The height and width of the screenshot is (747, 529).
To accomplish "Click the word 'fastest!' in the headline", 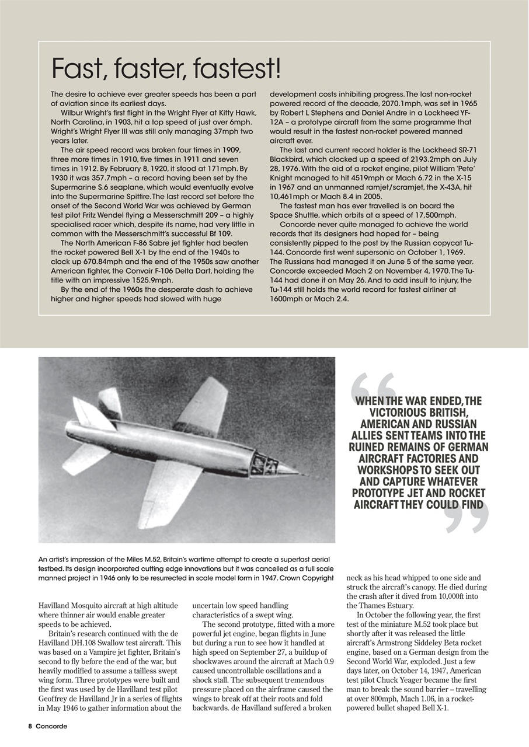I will (238, 69).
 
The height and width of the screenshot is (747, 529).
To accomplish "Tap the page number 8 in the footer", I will (29, 727).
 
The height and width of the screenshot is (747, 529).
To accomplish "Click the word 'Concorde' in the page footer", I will (51, 727).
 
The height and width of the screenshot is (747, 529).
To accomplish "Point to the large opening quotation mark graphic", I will (373, 386).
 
